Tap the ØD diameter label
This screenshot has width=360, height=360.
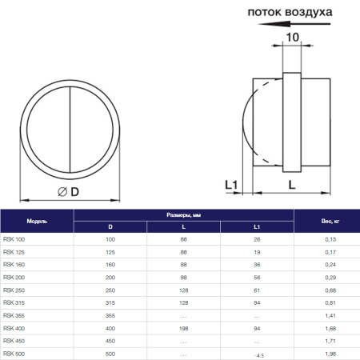pos(69,191)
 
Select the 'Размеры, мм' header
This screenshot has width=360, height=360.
pos(184,215)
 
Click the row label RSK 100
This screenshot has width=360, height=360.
pos(14,240)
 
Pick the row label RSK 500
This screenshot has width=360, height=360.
pos(14,353)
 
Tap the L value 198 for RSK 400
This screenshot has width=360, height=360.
pos(183,327)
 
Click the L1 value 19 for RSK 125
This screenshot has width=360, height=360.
pos(256,252)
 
